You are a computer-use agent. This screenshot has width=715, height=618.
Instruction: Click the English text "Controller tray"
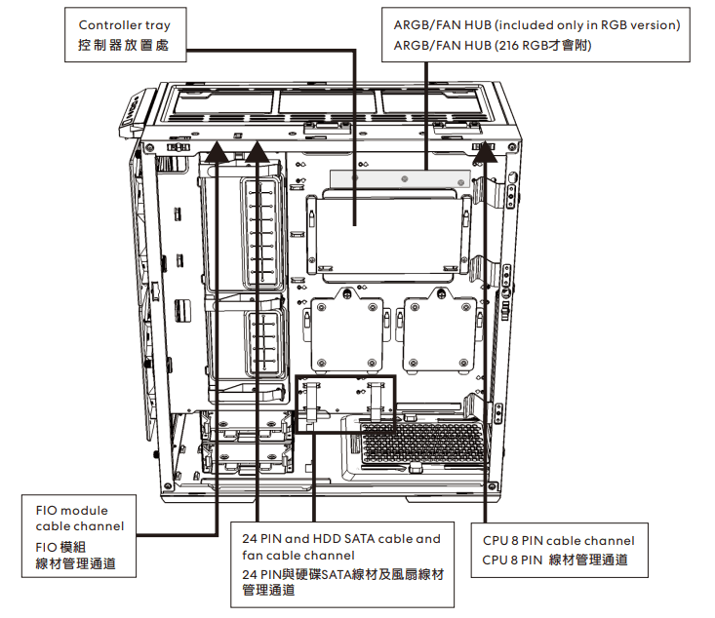pos(124,24)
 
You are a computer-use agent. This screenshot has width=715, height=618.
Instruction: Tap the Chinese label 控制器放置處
pos(124,46)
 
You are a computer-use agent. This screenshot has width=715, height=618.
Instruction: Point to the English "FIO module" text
pos(71,510)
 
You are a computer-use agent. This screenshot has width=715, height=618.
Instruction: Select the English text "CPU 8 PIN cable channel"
pos(558,540)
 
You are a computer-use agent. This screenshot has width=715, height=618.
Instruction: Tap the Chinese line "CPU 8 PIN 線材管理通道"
pos(555,560)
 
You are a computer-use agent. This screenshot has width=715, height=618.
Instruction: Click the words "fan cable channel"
pos(298,555)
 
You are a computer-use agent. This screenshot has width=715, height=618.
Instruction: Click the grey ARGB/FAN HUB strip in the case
pos(402,178)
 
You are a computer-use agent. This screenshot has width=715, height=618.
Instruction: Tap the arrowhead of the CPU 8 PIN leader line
pos(484,149)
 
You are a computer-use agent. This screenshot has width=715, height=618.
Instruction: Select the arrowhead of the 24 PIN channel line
pos(258,149)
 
